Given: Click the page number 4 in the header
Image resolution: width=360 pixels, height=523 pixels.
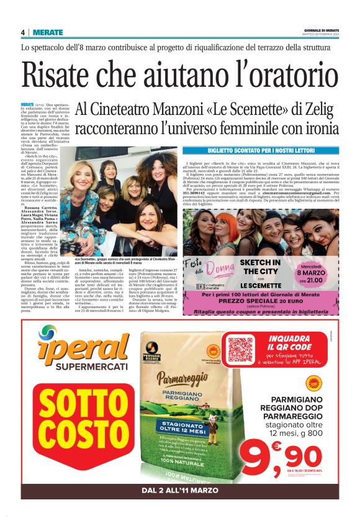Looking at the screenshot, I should click(x=23, y=32).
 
